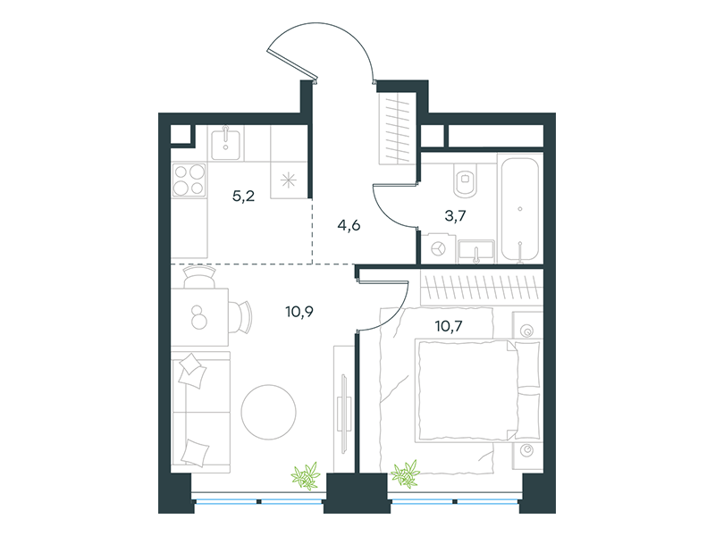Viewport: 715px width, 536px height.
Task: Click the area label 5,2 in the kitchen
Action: [243, 197]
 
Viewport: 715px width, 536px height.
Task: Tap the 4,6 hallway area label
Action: [349, 225]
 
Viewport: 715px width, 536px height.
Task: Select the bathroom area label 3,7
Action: [455, 215]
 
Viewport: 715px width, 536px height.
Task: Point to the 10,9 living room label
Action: [299, 312]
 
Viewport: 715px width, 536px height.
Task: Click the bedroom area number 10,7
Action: [449, 326]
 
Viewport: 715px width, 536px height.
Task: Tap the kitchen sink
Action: [226, 143]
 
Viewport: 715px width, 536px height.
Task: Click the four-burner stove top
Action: [189, 180]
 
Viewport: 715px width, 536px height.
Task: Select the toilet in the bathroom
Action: [465, 180]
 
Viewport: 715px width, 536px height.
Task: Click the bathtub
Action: [520, 209]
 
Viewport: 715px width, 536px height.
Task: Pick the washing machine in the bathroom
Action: [439, 249]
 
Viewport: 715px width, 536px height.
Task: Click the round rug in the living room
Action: [269, 412]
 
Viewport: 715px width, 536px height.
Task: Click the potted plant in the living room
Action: [306, 476]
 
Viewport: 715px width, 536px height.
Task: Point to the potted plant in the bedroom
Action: [405, 474]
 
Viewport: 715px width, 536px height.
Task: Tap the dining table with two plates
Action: [199, 317]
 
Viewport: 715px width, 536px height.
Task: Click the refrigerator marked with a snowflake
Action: [289, 180]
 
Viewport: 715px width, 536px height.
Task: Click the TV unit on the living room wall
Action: [343, 410]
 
